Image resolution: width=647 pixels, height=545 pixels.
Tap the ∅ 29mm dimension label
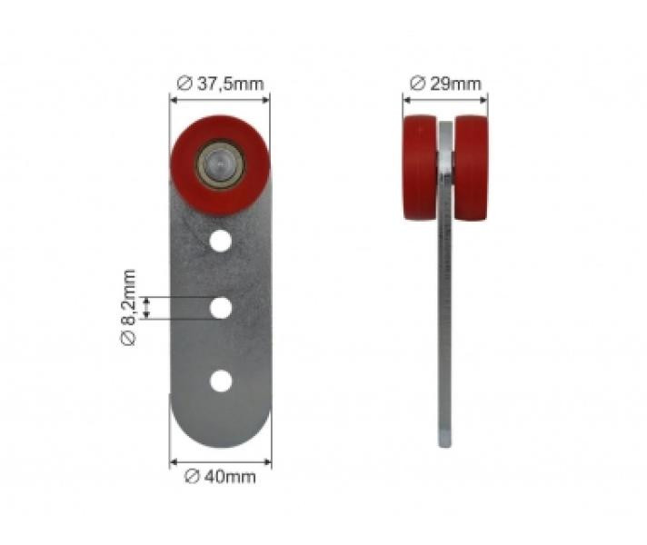point(445,84)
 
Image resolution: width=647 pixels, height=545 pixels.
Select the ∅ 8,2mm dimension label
point(128,307)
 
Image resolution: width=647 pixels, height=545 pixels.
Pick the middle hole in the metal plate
point(219,308)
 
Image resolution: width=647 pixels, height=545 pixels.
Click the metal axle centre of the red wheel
point(219,164)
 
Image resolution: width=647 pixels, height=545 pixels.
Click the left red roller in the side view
point(420,168)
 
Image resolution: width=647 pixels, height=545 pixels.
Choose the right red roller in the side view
point(473,168)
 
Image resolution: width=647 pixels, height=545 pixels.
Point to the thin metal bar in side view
point(444,318)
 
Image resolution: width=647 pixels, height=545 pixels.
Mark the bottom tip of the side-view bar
point(444,442)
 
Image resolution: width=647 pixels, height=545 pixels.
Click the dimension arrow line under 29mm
point(445,98)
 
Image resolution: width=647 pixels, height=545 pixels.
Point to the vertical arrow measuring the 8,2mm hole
point(146,308)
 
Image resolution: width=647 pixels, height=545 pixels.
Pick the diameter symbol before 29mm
point(417,84)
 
